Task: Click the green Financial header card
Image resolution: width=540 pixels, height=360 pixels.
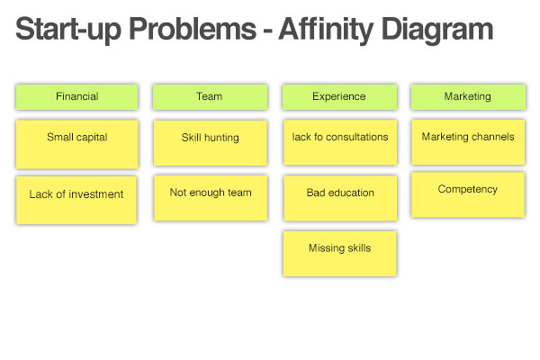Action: point(77,97)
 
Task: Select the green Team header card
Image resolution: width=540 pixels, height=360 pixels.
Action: point(210,97)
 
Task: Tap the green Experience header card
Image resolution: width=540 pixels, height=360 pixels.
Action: point(339,97)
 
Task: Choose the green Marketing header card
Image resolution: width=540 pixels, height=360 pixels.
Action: point(468,97)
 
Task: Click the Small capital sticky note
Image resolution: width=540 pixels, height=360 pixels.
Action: point(77,144)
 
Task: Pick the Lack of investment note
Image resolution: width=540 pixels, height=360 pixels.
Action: point(76,200)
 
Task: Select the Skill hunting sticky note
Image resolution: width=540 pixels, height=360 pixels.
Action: point(211,143)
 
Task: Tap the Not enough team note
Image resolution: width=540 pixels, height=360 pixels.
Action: point(211,198)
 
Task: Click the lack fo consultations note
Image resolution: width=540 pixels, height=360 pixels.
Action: point(340,142)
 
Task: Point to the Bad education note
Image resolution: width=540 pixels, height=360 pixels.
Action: point(340,198)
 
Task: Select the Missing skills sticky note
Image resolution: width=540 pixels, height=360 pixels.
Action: point(340,254)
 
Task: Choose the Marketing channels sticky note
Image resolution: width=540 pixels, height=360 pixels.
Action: point(468,142)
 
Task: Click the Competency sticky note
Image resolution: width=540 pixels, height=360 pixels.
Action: point(468,195)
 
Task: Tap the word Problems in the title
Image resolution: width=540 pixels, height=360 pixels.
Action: point(193,29)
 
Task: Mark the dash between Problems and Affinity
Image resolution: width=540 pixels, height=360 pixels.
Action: point(267,31)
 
